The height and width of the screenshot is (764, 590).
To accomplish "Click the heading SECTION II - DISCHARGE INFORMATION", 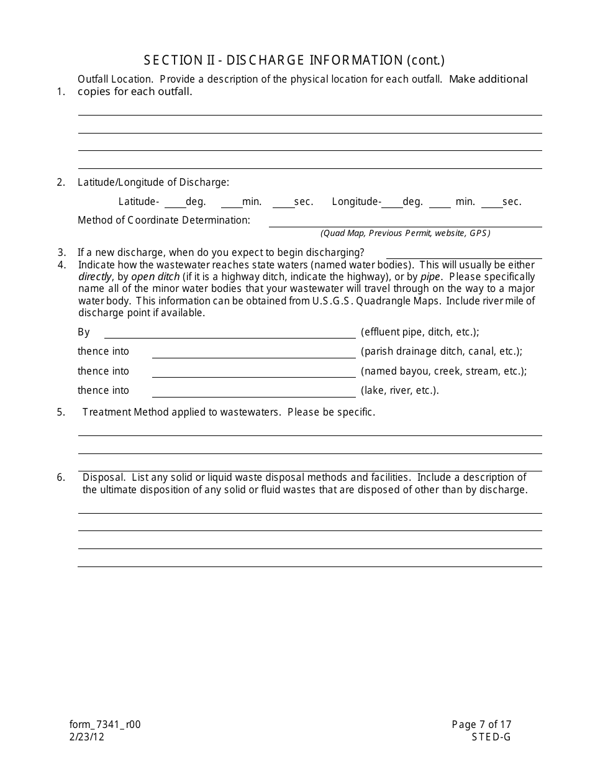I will (x=294, y=60).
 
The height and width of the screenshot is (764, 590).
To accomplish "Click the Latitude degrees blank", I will (x=175, y=202).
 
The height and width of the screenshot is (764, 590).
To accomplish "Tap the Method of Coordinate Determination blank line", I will (x=405, y=222).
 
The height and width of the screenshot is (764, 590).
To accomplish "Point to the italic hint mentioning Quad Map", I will (x=405, y=234).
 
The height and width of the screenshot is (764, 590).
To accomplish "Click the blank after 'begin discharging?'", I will (x=463, y=253).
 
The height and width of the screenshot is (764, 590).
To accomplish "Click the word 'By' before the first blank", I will (x=84, y=332).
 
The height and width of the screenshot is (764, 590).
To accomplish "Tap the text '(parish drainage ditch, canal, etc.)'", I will (x=441, y=352).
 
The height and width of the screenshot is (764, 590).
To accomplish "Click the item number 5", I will (x=61, y=412).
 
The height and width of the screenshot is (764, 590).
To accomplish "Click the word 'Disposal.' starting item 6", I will (x=99, y=478).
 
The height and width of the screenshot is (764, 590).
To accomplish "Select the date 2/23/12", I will (x=86, y=737).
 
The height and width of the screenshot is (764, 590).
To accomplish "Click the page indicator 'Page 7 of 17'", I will (x=481, y=724).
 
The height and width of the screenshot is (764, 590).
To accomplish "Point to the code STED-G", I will (x=491, y=737).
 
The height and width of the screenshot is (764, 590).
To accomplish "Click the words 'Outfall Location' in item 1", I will (x=114, y=80).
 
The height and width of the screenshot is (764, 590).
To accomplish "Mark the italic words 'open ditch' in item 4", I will (x=155, y=277).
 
